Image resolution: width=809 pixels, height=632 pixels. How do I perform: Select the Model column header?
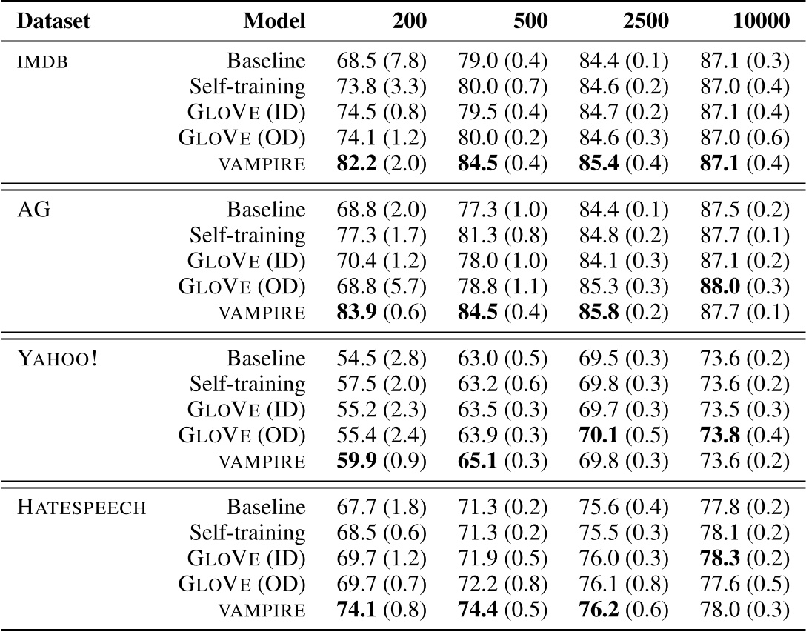click(x=274, y=21)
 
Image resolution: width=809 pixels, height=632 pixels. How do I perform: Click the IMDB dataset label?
click(x=42, y=61)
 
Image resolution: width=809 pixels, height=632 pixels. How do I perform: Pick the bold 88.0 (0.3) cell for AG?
click(x=745, y=287)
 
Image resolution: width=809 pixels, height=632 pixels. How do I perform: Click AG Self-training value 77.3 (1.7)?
click(x=381, y=236)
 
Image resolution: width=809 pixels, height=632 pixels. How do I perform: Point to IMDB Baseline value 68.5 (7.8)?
click(x=381, y=61)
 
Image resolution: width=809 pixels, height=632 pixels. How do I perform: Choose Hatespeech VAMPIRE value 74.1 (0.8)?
click(x=381, y=611)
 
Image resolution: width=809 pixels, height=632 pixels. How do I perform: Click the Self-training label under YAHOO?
click(x=247, y=384)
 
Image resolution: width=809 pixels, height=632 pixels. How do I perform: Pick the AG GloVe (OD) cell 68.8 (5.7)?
click(x=381, y=287)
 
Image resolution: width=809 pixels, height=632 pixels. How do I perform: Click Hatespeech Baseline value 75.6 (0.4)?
click(x=623, y=508)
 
